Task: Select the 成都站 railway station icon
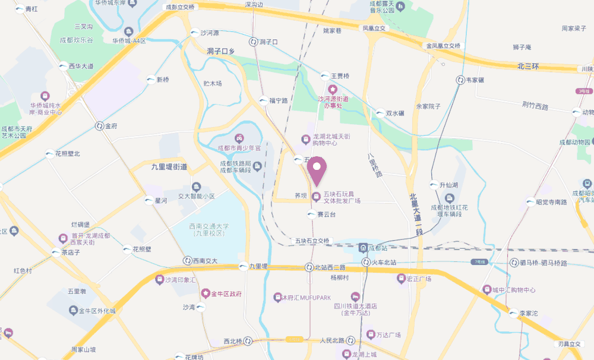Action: [363, 247]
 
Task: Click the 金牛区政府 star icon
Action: [206, 293]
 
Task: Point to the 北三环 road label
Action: [527, 66]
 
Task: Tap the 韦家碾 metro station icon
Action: [460, 80]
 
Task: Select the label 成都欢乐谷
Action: [75, 40]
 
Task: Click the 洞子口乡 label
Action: [221, 52]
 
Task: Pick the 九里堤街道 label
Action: [169, 167]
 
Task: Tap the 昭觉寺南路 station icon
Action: [530, 202]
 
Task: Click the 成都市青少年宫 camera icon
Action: [239, 138]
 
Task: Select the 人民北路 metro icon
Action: [350, 340]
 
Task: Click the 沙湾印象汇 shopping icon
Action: [159, 279]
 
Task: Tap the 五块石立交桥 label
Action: [312, 241]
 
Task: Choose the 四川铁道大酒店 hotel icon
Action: [356, 296]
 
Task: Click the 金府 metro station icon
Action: [99, 126]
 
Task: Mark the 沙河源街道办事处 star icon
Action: [333, 89]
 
